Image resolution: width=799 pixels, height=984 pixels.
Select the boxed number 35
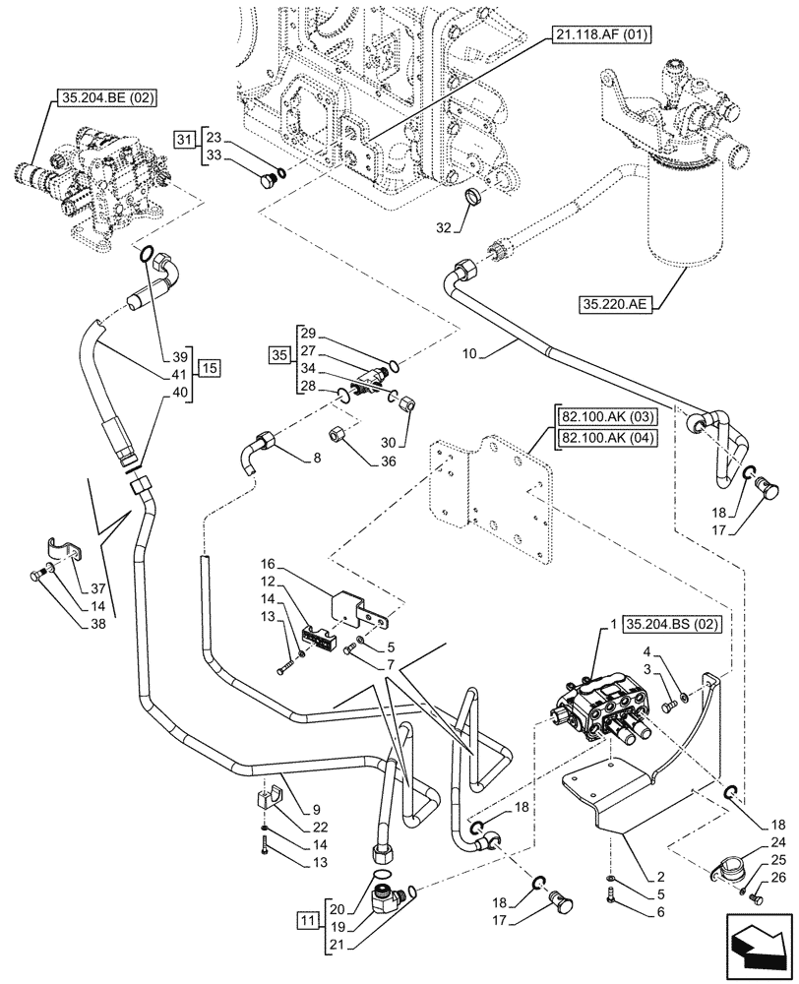tap(280, 351)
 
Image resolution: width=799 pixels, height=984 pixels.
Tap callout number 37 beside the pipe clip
tap(96, 588)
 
